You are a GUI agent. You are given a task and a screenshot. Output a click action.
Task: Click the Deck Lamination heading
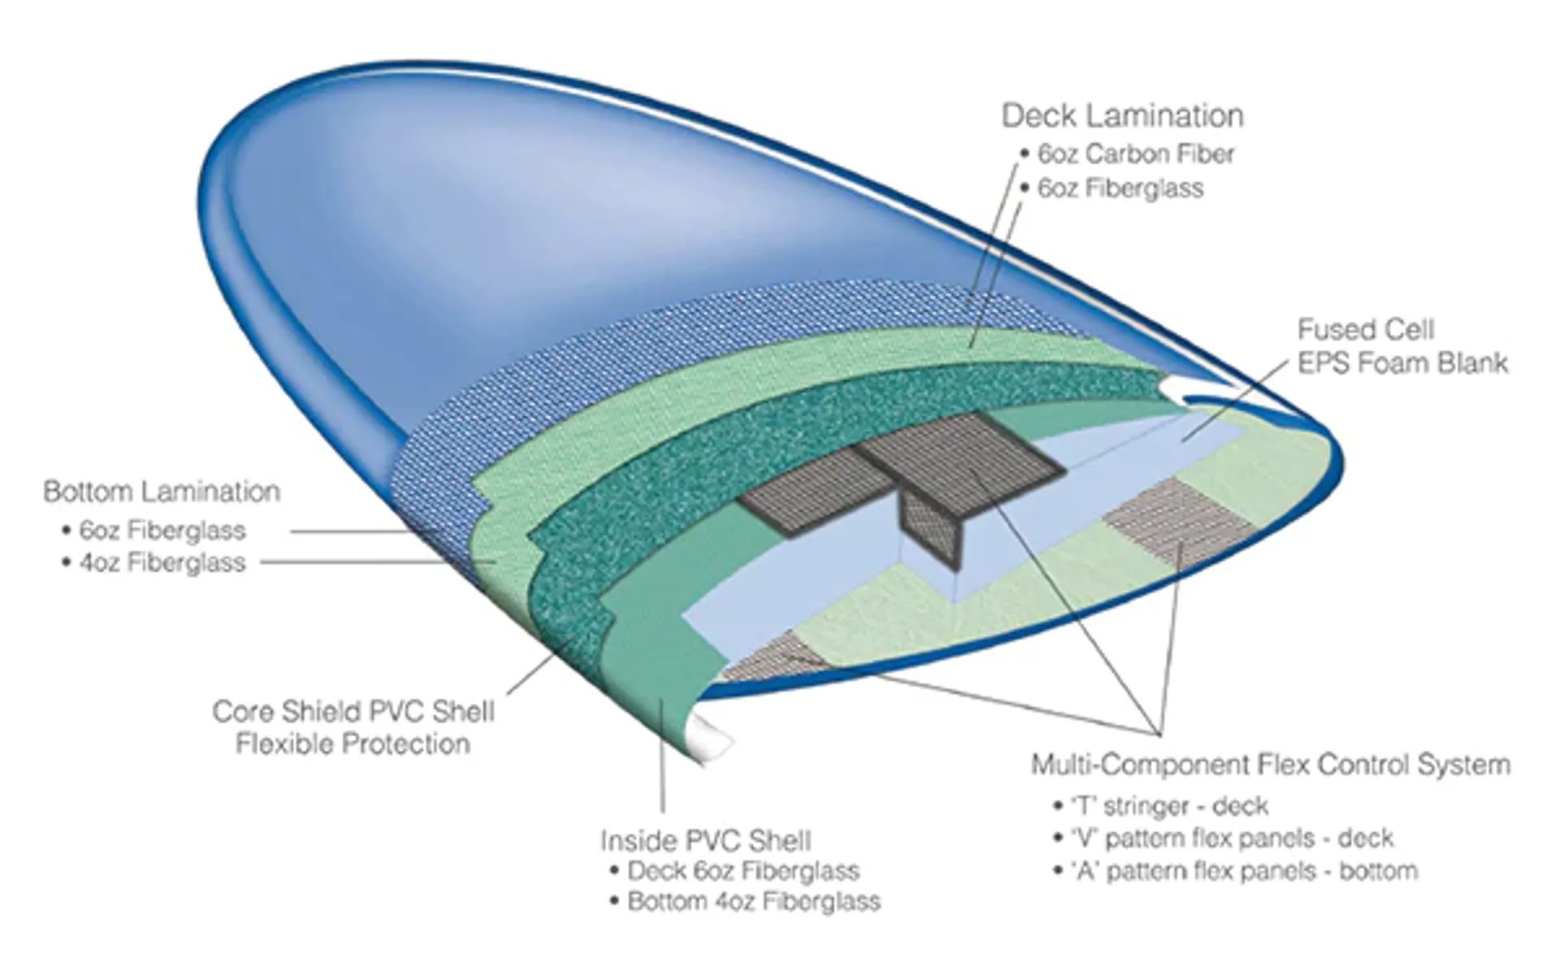click(x=1122, y=116)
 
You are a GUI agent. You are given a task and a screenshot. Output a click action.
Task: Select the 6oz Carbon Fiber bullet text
click(x=1135, y=154)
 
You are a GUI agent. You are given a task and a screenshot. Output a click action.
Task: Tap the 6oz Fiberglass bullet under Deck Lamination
click(x=1120, y=189)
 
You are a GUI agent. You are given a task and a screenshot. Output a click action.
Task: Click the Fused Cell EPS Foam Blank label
click(x=1402, y=346)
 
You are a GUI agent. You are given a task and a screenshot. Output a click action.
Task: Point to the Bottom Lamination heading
click(x=162, y=492)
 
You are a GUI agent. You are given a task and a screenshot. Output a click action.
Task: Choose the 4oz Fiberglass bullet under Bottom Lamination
click(x=162, y=562)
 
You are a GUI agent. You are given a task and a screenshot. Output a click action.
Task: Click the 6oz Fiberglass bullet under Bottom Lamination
click(x=162, y=531)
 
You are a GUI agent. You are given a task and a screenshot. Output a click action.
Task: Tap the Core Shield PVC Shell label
click(x=353, y=712)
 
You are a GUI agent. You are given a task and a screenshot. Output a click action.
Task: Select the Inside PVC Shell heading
click(x=705, y=840)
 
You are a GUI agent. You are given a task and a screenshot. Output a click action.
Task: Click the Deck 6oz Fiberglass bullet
click(x=743, y=871)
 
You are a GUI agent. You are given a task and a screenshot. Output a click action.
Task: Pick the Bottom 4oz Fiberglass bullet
click(x=753, y=902)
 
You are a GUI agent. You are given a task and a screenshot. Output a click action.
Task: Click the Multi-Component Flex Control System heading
click(x=1270, y=765)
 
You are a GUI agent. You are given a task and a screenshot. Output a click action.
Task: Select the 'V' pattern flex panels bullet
click(x=1233, y=838)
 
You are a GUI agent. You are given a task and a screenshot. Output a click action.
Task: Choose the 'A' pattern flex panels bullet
click(x=1245, y=871)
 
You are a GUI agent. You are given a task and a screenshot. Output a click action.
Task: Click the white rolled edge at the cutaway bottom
click(x=711, y=735)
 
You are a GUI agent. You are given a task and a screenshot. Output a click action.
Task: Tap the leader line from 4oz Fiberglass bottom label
click(x=366, y=562)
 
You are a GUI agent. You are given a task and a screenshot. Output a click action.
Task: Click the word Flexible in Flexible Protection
click(x=283, y=744)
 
